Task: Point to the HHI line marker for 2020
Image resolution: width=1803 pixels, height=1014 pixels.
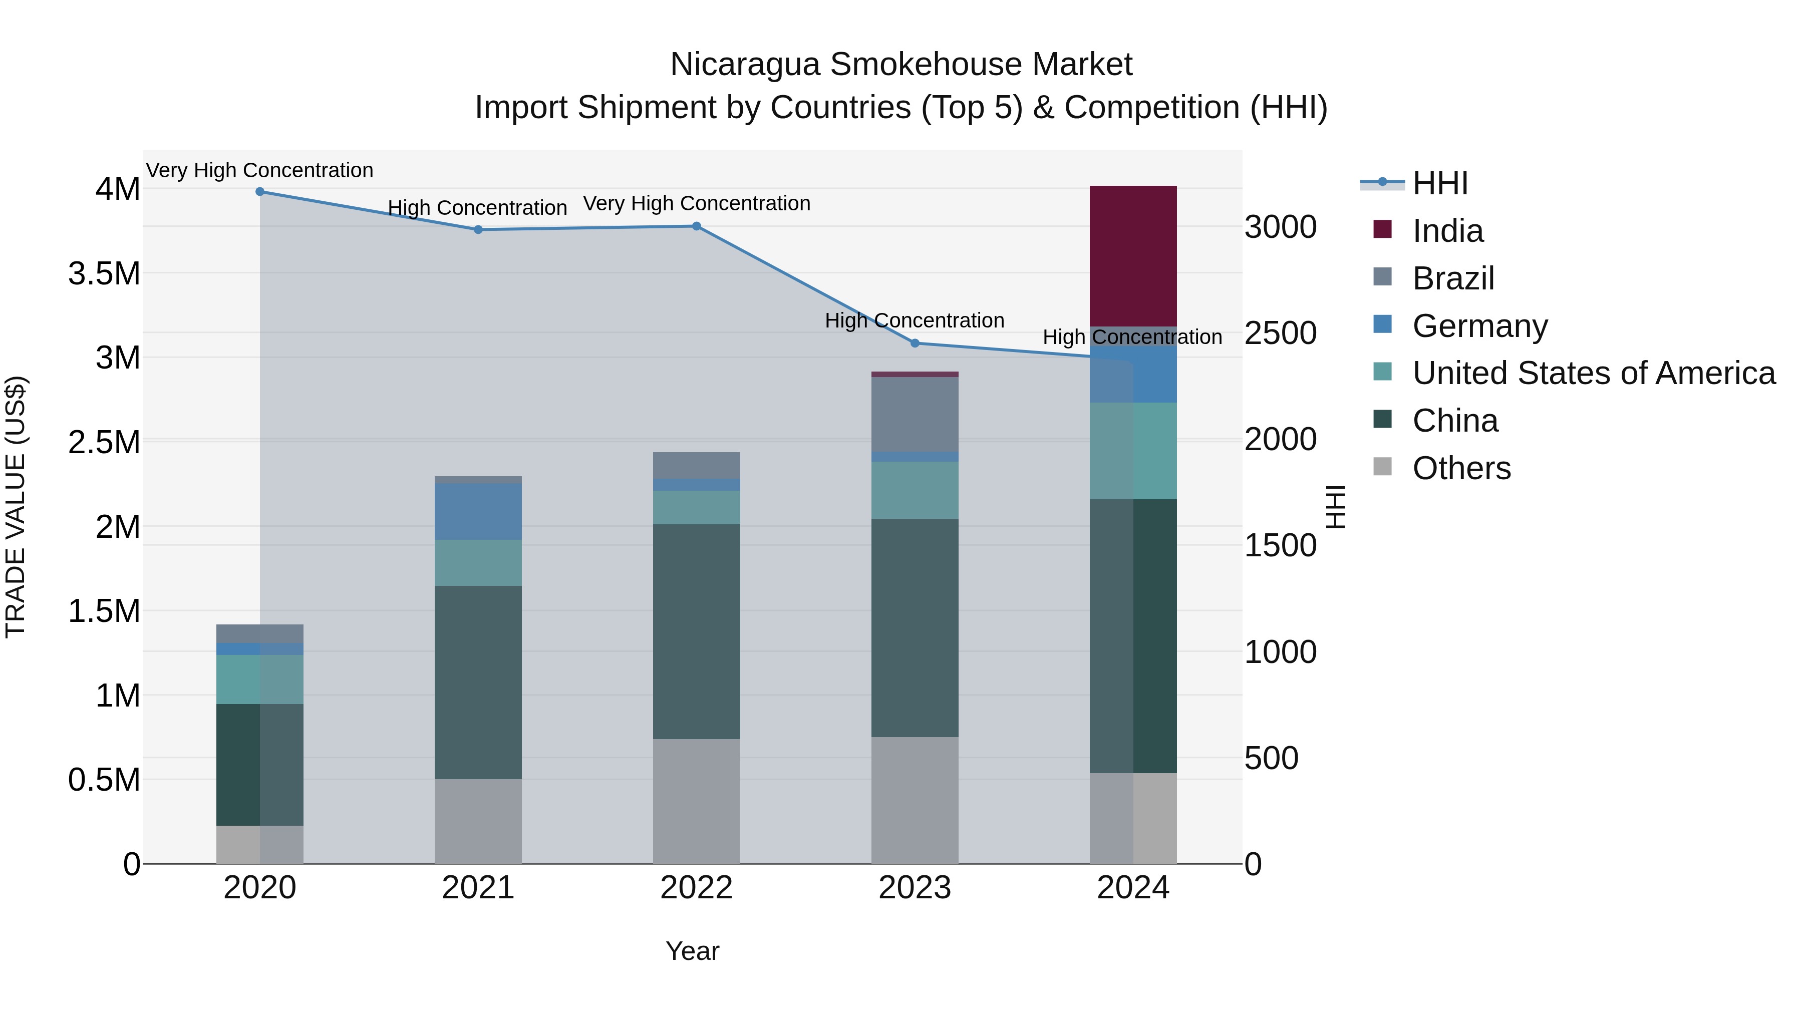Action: click(x=259, y=192)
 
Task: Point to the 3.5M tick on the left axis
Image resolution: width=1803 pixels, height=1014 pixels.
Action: click(x=104, y=273)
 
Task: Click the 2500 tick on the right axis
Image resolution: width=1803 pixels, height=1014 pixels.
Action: click(x=1280, y=333)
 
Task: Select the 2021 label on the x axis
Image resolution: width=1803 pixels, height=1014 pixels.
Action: click(x=478, y=888)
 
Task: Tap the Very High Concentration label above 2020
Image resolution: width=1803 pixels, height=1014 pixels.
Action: click(x=259, y=170)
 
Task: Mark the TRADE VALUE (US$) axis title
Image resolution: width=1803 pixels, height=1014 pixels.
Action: click(x=16, y=507)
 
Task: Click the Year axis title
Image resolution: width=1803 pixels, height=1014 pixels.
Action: click(x=692, y=951)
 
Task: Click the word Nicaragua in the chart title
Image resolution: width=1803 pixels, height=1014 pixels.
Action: click(x=744, y=65)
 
